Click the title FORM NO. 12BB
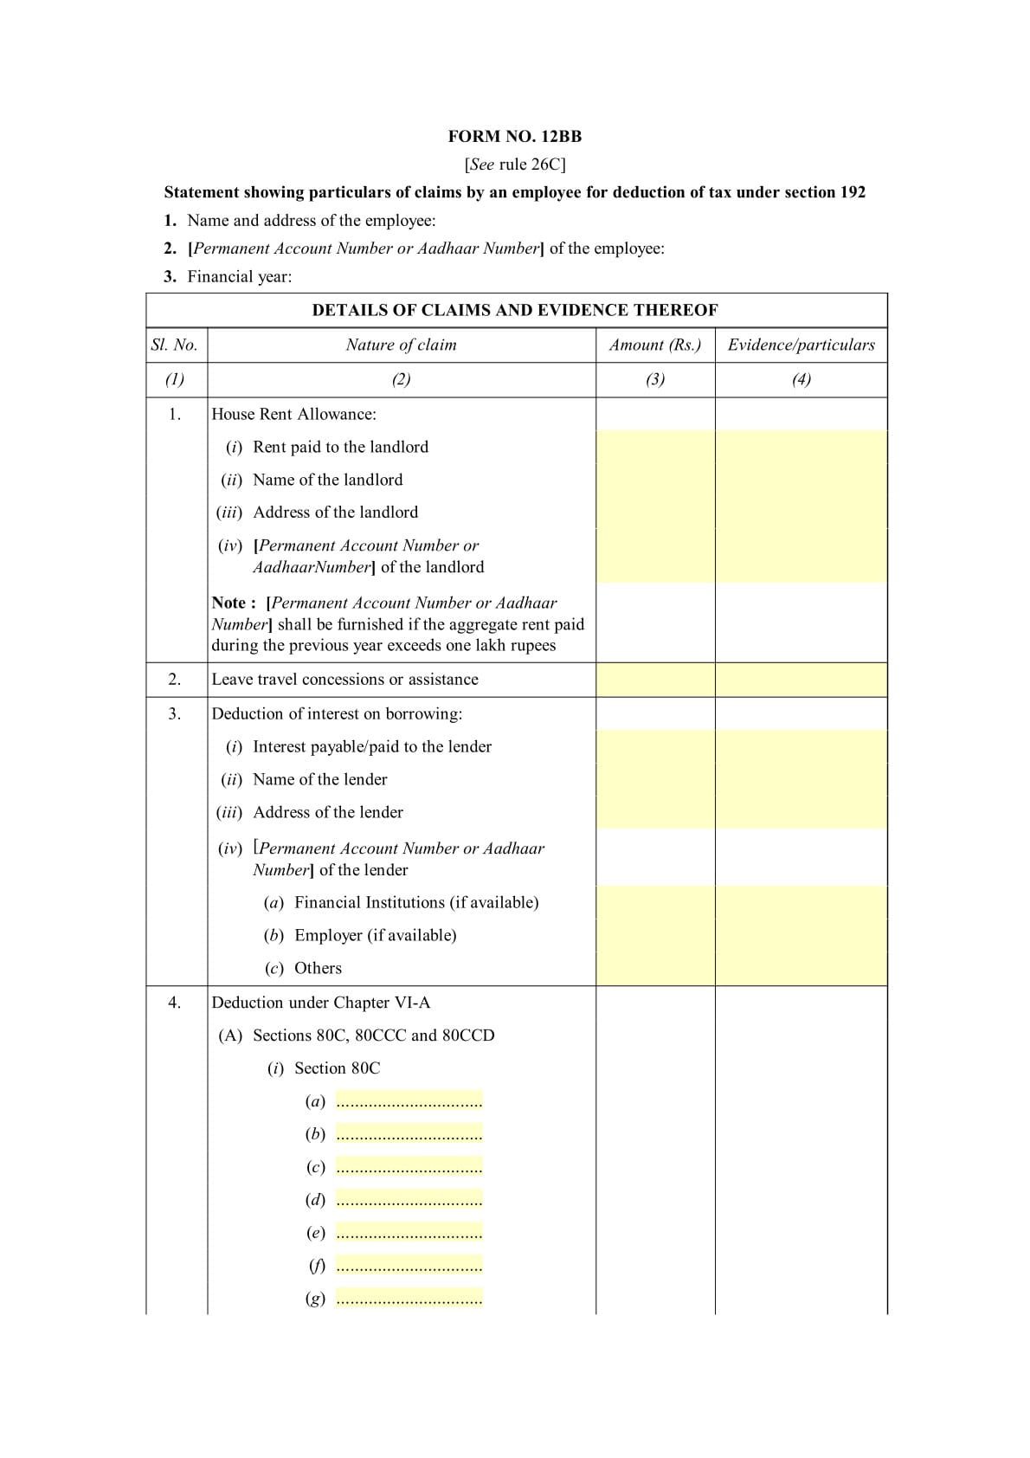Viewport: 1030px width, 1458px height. pos(514,136)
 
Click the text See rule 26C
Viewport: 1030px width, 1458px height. pos(514,165)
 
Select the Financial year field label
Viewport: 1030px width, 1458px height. pos(239,277)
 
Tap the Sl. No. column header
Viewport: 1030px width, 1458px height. pos(175,345)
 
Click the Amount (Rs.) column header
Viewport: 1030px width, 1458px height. pos(655,345)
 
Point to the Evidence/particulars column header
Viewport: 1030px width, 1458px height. pos(801,345)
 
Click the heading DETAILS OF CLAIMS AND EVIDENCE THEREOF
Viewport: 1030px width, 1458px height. pos(515,310)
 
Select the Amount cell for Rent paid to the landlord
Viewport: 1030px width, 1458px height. pos(655,448)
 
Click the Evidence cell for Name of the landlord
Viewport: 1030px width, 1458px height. pos(801,480)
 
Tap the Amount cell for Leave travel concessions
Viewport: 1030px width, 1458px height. pos(655,680)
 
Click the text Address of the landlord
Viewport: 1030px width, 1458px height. pos(335,513)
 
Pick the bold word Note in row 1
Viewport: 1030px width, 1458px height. pos(230,603)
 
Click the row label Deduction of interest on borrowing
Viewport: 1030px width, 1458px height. pos(337,714)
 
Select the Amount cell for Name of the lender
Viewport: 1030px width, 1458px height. pos(655,779)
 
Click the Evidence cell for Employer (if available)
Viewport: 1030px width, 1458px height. pos(801,935)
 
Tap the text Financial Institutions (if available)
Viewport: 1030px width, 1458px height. pos(416,902)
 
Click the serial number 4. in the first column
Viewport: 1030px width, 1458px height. pos(175,1003)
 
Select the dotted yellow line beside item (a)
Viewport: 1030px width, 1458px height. pos(409,1101)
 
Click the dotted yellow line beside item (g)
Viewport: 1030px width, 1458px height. pos(409,1299)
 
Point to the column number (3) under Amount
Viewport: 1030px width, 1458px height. pos(655,379)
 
